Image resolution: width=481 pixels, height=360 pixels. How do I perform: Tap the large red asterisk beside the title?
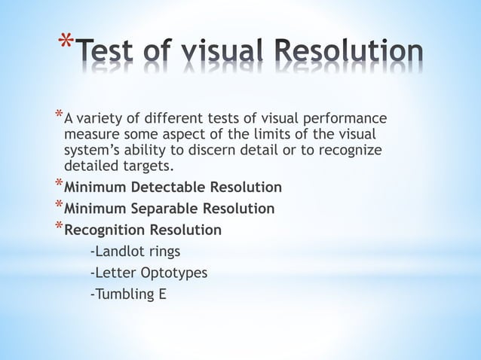pos(66,41)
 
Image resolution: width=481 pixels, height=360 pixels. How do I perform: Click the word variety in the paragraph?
pos(99,118)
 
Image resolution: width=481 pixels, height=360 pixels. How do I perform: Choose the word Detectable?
pos(167,187)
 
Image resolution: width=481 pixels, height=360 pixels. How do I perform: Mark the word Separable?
pos(164,208)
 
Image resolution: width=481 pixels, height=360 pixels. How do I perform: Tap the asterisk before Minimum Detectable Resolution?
pos(58,184)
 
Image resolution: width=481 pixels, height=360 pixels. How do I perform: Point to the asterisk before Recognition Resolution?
pos(58,227)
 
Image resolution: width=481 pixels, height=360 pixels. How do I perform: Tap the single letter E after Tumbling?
pos(161,293)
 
